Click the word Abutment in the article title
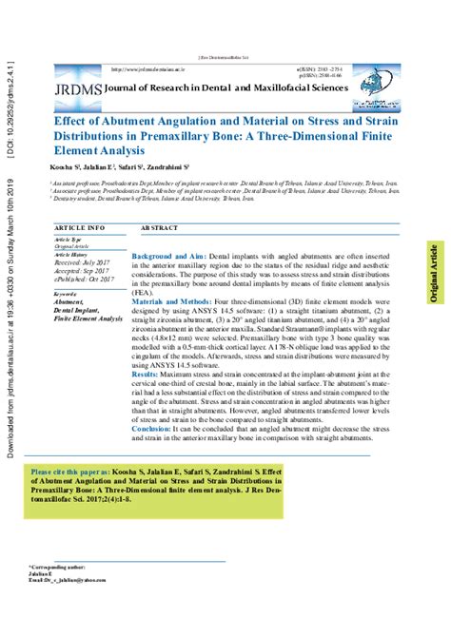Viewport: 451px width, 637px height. point(119,123)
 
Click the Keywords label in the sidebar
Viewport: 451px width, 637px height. point(66,295)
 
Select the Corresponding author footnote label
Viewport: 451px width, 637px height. point(58,565)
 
